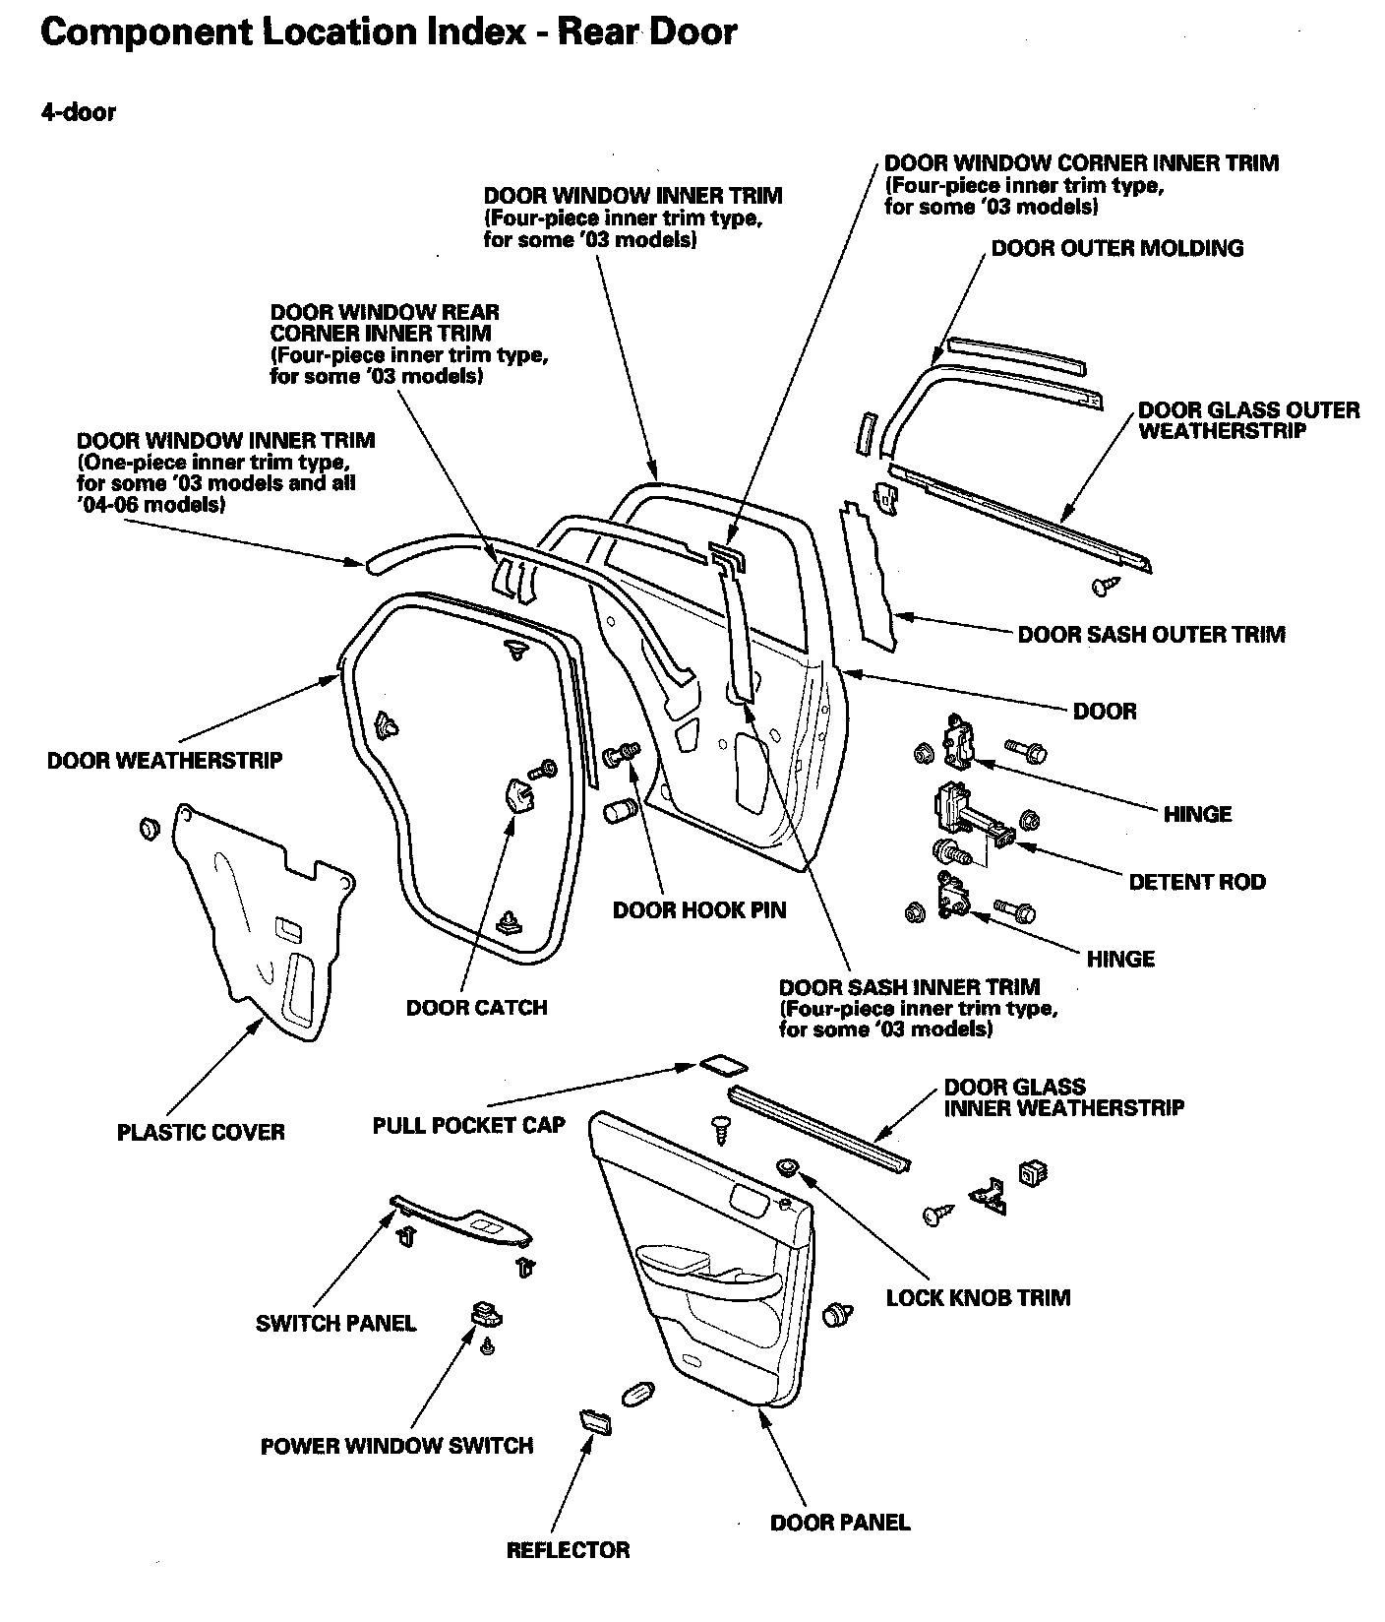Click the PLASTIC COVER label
201,1132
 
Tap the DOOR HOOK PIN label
699,910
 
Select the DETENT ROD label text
1196,882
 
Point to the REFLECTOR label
568,1550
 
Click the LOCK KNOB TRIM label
978,1297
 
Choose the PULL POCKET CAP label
468,1125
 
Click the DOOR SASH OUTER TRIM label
1151,634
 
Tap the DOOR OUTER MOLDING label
1116,248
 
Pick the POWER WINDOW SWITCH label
396,1446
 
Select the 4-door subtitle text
78,112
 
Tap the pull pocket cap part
722,1066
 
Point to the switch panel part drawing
462,1220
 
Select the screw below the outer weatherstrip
1105,586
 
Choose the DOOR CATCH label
476,1008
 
